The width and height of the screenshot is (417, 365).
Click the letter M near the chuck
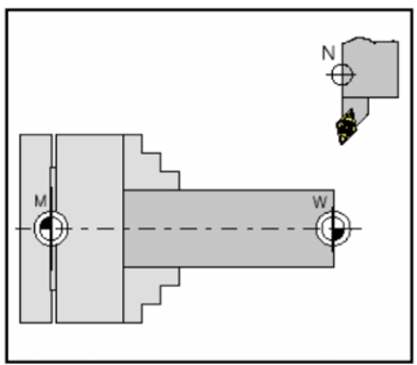(x=39, y=200)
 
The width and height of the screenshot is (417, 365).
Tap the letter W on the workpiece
(x=320, y=201)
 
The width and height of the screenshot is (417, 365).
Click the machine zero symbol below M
(x=49, y=228)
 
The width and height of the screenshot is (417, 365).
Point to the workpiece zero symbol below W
(x=331, y=228)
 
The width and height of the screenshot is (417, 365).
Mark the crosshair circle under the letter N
(x=339, y=74)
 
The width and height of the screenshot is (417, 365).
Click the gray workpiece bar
(x=231, y=227)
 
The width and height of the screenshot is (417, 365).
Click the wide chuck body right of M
(x=90, y=228)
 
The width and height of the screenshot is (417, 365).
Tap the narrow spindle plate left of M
(x=34, y=279)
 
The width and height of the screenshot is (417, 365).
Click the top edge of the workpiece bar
(x=231, y=189)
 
